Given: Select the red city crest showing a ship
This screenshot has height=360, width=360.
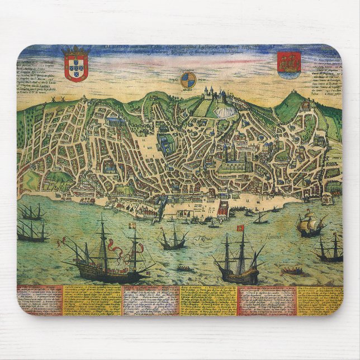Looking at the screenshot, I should (x=289, y=64).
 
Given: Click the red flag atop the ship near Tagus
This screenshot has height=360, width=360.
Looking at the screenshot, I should (x=241, y=228).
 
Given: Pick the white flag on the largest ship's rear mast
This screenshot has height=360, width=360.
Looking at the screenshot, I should (x=132, y=226).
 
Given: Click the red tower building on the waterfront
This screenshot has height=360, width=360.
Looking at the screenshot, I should (x=223, y=209).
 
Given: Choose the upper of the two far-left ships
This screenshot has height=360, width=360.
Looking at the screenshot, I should (x=32, y=213).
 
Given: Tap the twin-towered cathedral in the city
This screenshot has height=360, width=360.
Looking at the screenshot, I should (x=229, y=151).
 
